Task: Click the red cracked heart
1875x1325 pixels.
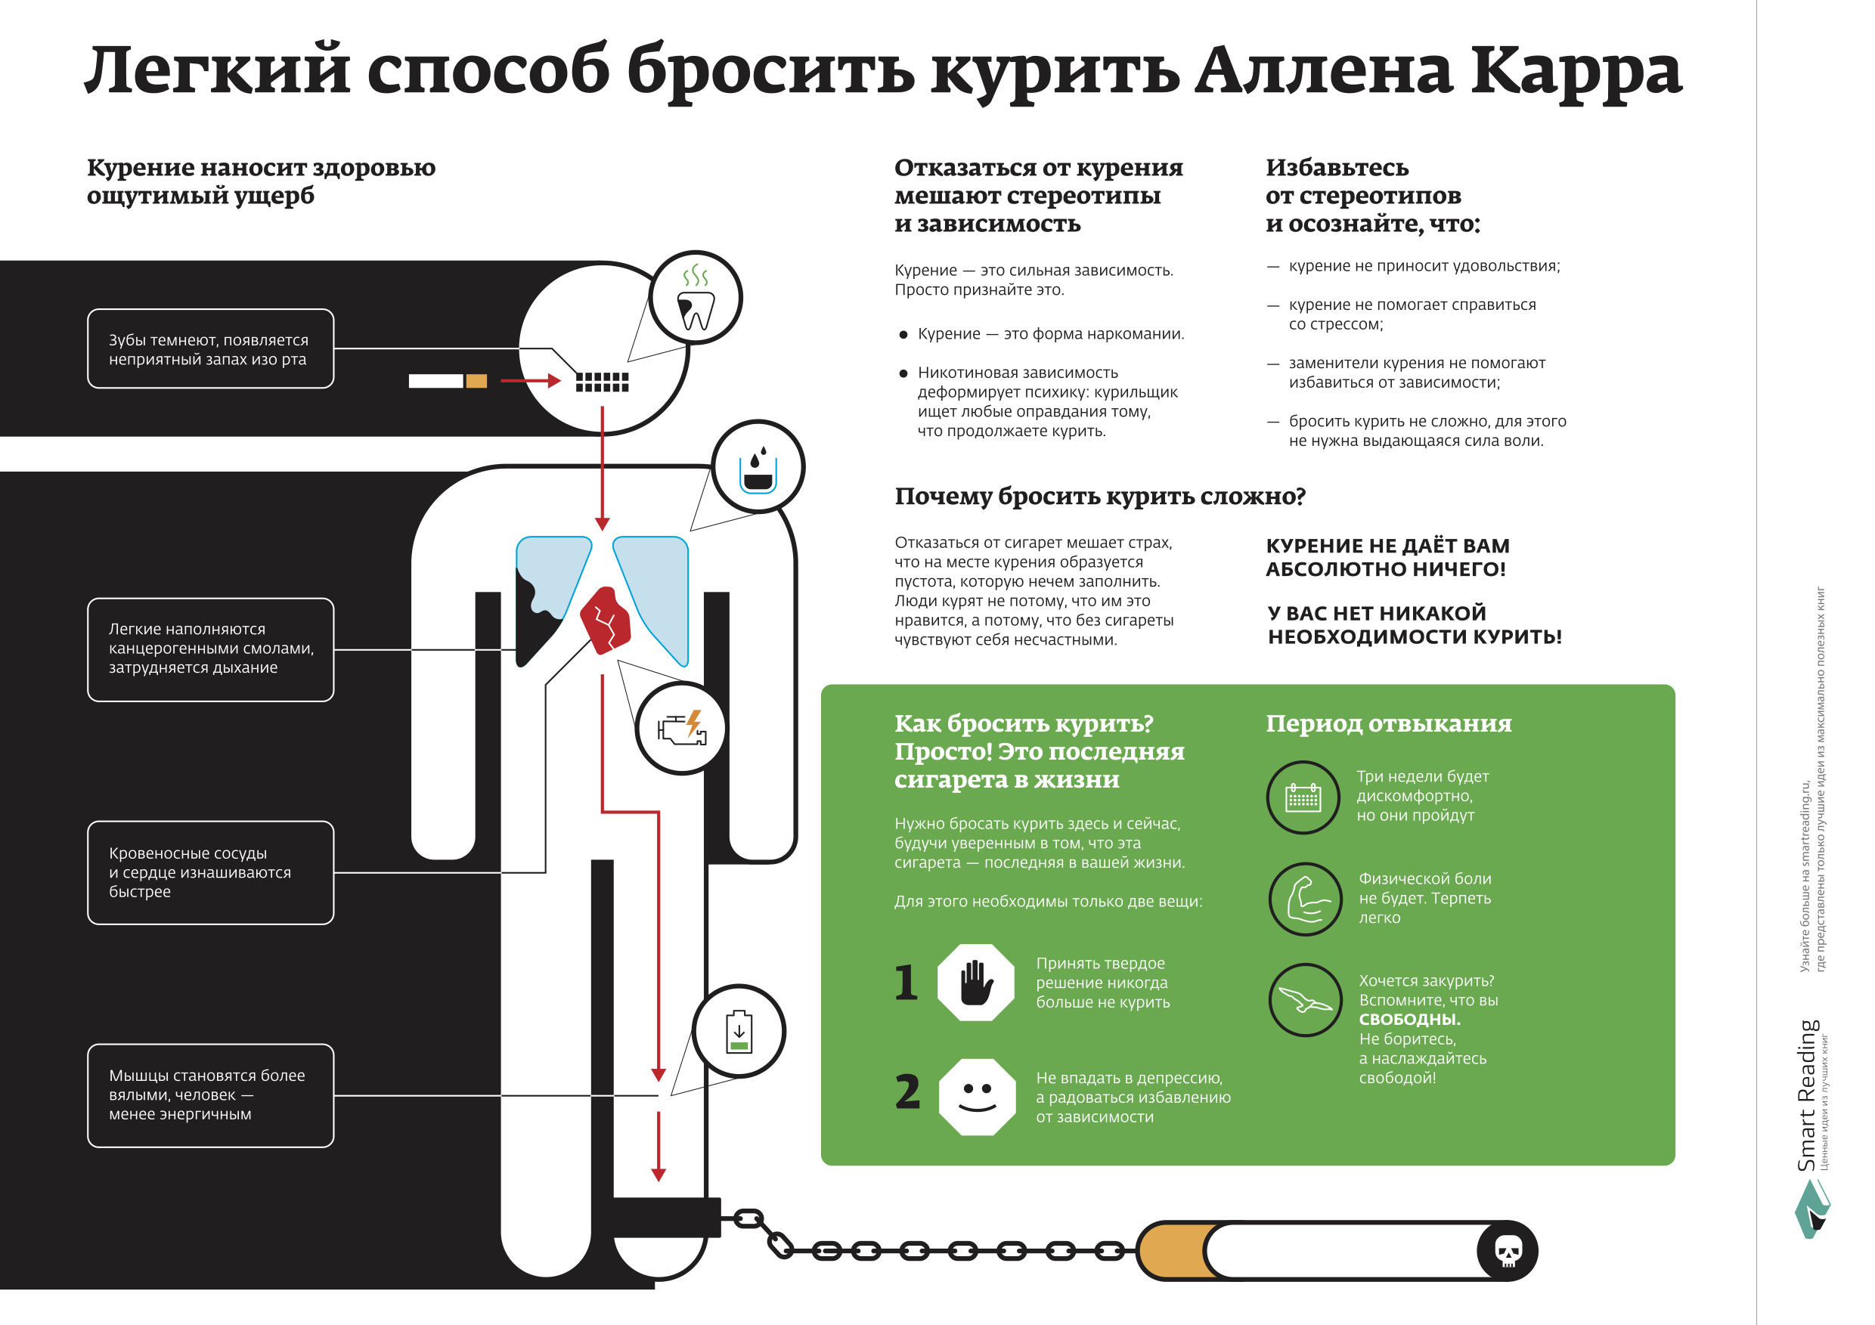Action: [x=605, y=621]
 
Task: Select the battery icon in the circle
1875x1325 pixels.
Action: [x=739, y=1032]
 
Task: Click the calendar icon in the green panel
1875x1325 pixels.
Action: [x=1303, y=797]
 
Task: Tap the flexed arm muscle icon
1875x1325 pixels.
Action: [x=1306, y=899]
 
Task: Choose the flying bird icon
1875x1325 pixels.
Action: [x=1305, y=999]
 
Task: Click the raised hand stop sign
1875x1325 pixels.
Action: [x=976, y=982]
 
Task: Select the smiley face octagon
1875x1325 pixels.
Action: [x=977, y=1097]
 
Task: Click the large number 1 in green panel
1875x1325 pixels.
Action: [x=906, y=982]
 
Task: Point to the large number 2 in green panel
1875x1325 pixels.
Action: [x=907, y=1091]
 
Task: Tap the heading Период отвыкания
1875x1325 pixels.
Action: [x=1388, y=723]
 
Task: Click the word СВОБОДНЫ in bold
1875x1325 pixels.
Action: [x=1409, y=1019]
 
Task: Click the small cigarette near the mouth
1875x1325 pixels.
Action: [x=448, y=380]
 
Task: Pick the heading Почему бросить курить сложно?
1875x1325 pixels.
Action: [x=1100, y=497]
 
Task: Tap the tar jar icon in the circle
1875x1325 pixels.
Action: [x=758, y=469]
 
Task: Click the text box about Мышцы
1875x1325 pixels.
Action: [x=211, y=1095]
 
